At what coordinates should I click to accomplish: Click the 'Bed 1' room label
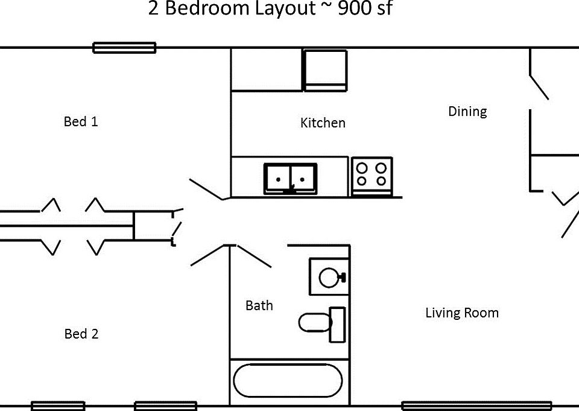pyautogui.click(x=81, y=121)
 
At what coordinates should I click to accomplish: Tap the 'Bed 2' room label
pyautogui.click(x=81, y=334)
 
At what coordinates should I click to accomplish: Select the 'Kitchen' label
pyautogui.click(x=323, y=123)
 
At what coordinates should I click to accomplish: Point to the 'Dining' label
pyautogui.click(x=467, y=112)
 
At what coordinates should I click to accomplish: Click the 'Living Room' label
pyautogui.click(x=462, y=313)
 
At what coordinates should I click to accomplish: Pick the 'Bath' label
pyautogui.click(x=259, y=306)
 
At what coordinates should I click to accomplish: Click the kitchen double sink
pyautogui.click(x=290, y=179)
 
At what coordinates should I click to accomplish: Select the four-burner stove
pyautogui.click(x=371, y=175)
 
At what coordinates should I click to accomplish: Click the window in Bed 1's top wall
pyautogui.click(x=124, y=48)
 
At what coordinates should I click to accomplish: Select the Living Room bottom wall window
pyautogui.click(x=476, y=406)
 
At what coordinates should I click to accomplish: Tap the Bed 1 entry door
pyautogui.click(x=206, y=189)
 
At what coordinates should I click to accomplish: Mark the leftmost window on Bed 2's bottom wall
pyautogui.click(x=58, y=406)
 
